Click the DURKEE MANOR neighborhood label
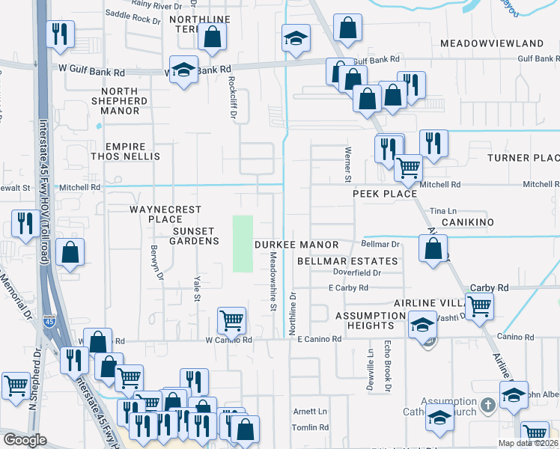pyautogui.click(x=296, y=245)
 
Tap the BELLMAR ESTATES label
pyautogui.click(x=347, y=261)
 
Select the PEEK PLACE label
pyautogui.click(x=385, y=194)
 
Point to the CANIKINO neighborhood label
pyautogui.click(x=469, y=223)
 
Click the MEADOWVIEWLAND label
pyautogui.click(x=491, y=43)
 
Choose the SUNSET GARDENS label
pyautogui.click(x=195, y=236)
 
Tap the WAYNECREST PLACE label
pyautogui.click(x=155, y=214)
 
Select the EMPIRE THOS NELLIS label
pyautogui.click(x=125, y=151)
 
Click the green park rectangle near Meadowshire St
pyautogui.click(x=243, y=243)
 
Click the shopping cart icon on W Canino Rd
pyautogui.click(x=231, y=320)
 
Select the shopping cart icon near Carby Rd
pyautogui.click(x=478, y=305)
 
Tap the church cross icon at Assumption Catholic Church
pyautogui.click(x=487, y=406)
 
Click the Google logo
pyautogui.click(x=25, y=440)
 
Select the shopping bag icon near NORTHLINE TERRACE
pyautogui.click(x=213, y=37)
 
